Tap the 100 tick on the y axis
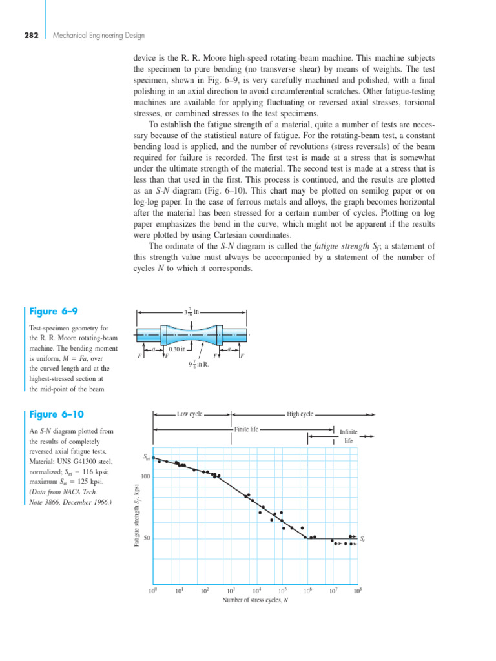click(145, 476)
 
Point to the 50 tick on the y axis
click(147, 538)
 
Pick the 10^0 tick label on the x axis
click(153, 590)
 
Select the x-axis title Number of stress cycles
click(255, 600)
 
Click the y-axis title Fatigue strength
click(137, 516)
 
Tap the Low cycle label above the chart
click(191, 414)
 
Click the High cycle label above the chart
click(300, 414)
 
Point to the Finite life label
click(246, 429)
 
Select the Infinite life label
click(349, 436)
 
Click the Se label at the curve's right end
click(363, 538)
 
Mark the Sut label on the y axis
click(146, 457)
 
